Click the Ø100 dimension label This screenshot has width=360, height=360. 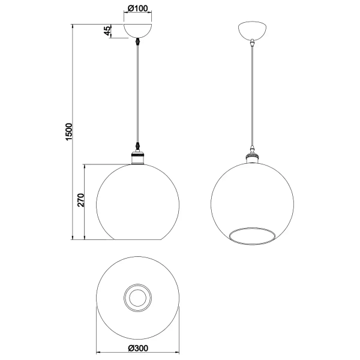(x=139, y=10)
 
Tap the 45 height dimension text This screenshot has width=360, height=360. (x=108, y=32)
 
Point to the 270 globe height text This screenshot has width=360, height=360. (x=81, y=200)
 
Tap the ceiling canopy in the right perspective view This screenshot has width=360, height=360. (x=253, y=31)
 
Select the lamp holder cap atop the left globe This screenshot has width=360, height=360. (x=139, y=159)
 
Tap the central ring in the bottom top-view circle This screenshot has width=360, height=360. (x=139, y=297)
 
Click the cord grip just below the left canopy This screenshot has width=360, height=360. (x=139, y=43)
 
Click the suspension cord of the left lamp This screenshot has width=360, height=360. (x=139, y=96)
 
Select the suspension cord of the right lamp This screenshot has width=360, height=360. (x=253, y=96)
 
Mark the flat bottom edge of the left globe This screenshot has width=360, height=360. (x=139, y=240)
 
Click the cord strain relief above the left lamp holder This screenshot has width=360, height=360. (x=139, y=148)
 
